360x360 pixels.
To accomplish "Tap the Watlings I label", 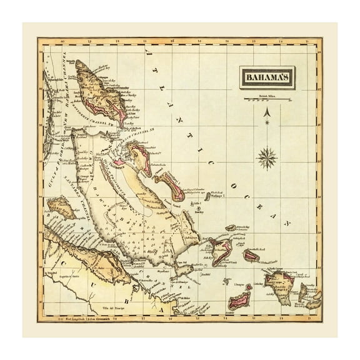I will (x=217, y=194).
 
